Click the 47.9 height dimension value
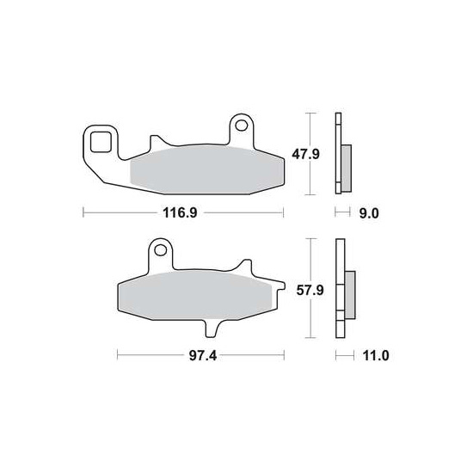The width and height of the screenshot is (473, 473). (332, 154)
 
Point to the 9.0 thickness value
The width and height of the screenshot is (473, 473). (368, 212)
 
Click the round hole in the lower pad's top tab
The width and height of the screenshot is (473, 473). (159, 252)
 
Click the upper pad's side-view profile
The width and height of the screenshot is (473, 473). (339, 154)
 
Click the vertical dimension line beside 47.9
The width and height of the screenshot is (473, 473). (310, 154)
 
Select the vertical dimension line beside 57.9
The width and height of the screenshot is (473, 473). (310, 288)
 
